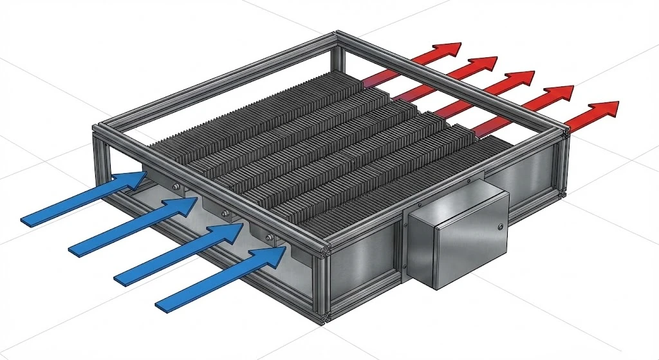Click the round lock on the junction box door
(x=499, y=226)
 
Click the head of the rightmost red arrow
(x=604, y=110)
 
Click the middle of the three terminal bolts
(x=223, y=213)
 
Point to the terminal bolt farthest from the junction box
(x=175, y=187)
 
